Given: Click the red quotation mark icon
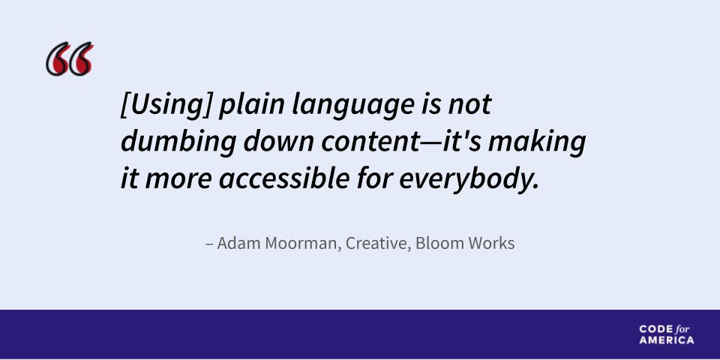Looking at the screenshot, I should [x=70, y=60].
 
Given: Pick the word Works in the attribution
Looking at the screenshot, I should [x=492, y=244].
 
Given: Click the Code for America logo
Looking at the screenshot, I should [x=667, y=334].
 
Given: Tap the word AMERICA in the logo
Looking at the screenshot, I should [x=667, y=340].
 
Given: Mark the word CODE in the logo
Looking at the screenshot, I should [x=652, y=329].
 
